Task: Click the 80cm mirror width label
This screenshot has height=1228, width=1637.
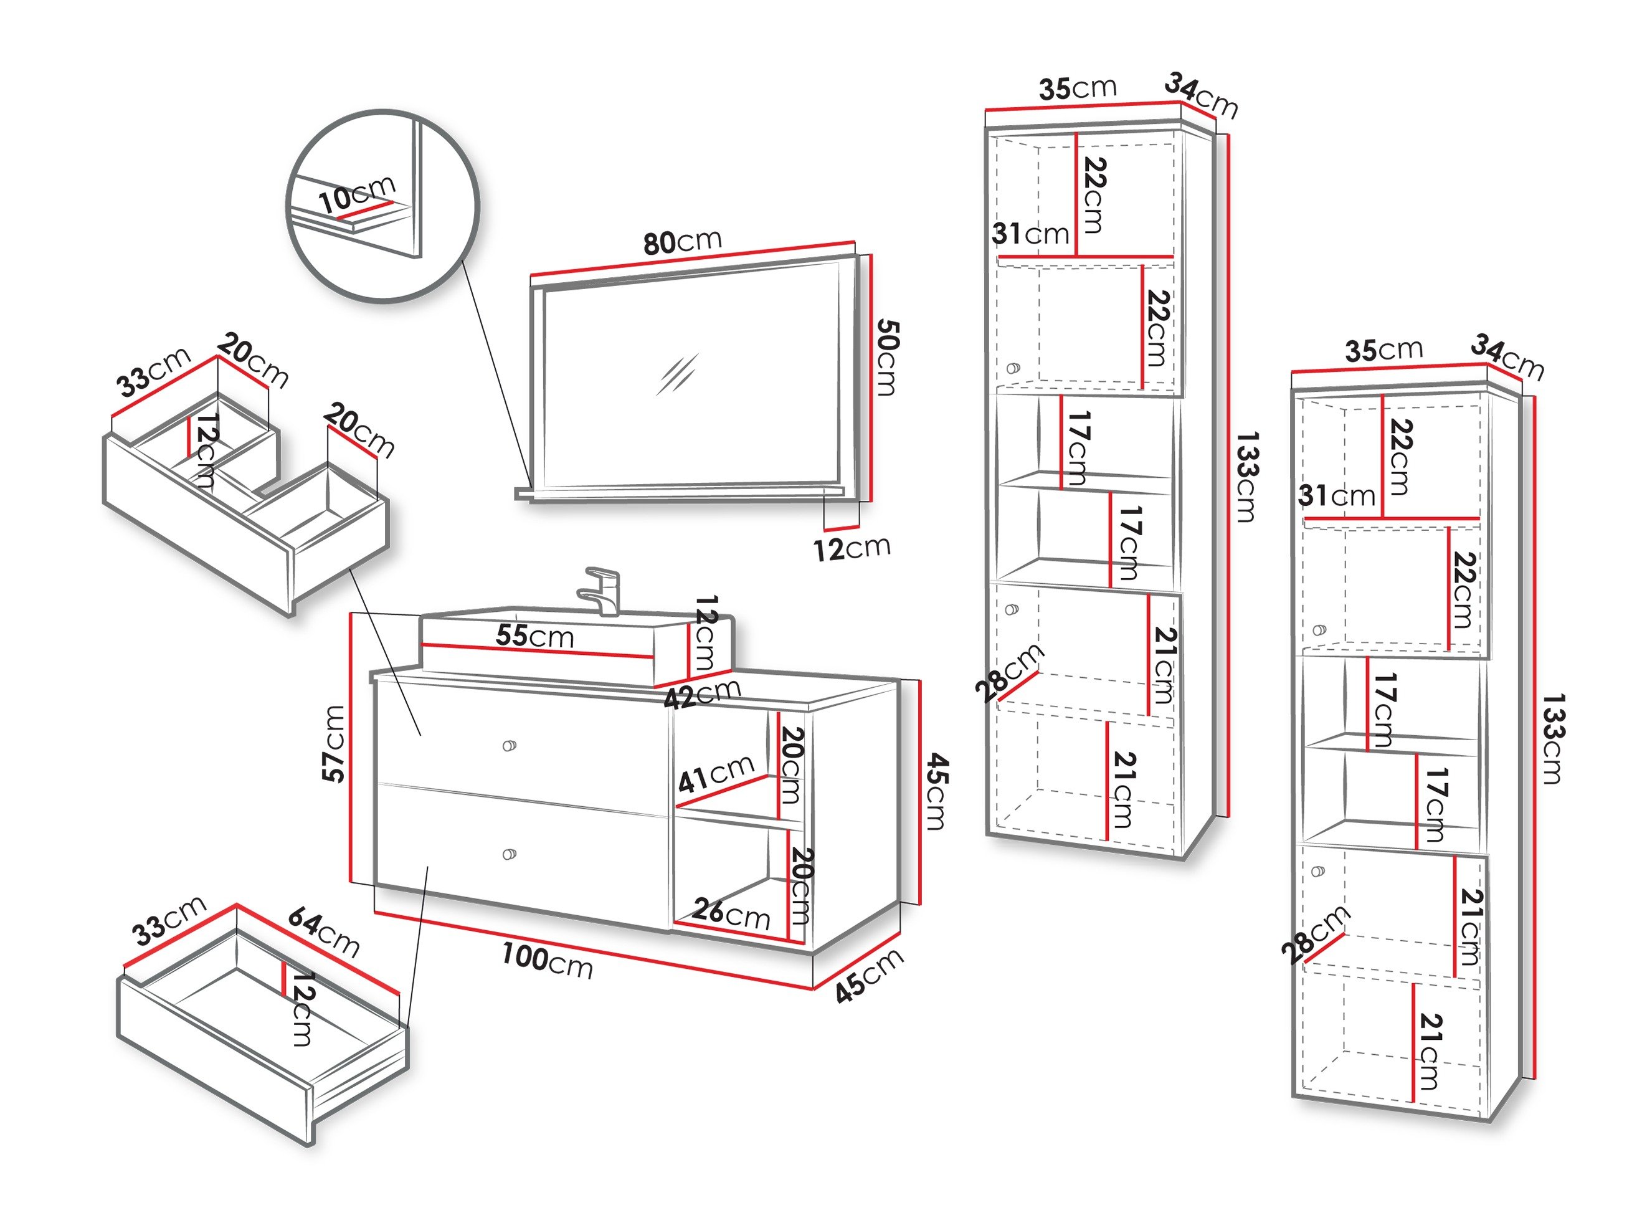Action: pos(681,241)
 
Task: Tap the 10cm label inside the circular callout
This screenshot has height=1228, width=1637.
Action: pos(357,194)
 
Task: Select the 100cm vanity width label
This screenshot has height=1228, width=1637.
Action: pos(547,961)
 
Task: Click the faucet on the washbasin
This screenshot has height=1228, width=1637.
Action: pos(602,590)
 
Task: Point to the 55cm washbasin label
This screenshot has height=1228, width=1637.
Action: pos(534,636)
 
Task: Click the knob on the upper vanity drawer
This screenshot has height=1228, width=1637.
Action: pos(509,745)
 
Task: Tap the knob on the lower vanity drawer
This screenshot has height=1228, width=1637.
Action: pos(509,854)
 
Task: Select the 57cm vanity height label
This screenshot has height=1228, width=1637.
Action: pos(335,744)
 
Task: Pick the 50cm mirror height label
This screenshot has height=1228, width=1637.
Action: pos(886,358)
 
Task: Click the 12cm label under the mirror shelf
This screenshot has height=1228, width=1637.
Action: pos(851,548)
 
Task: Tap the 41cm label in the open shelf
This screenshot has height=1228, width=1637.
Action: pos(716,774)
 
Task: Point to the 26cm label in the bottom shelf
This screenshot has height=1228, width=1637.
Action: pos(731,913)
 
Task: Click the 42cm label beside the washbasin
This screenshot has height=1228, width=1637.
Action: pos(702,693)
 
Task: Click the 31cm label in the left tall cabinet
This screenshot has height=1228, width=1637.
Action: pos(1030,234)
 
